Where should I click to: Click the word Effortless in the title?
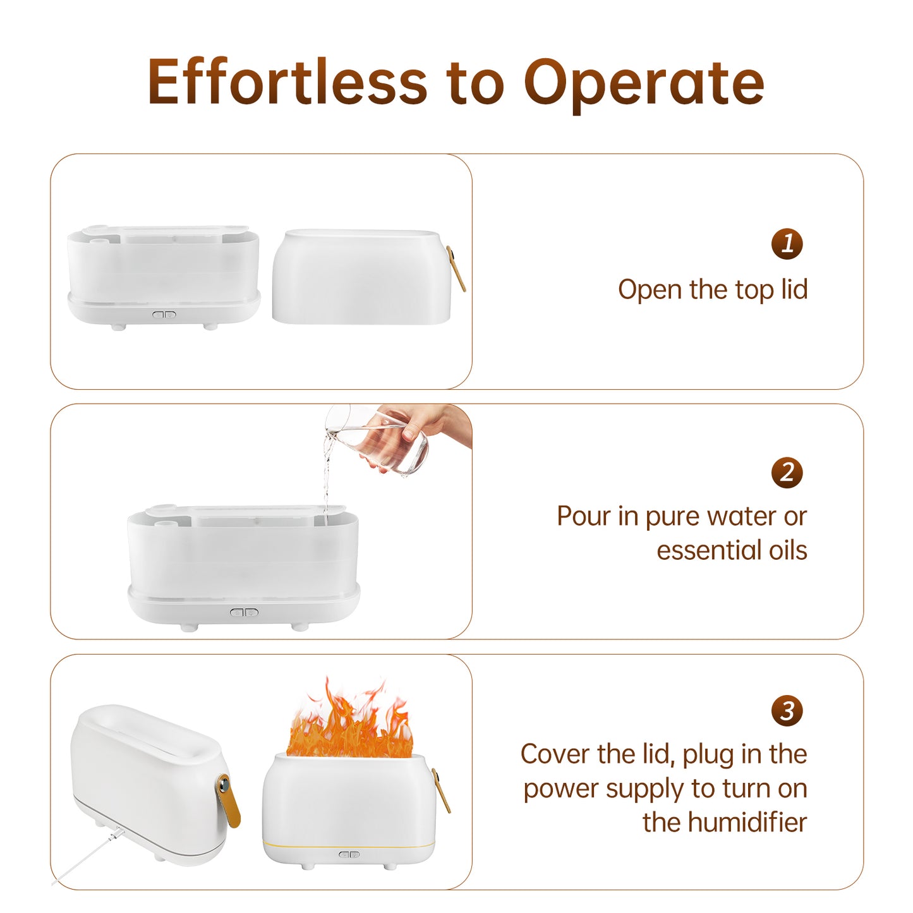pyautogui.click(x=287, y=81)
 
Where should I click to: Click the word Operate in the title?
pyautogui.click(x=644, y=85)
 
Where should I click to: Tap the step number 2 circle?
pyautogui.click(x=787, y=473)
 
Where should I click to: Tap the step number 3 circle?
pyautogui.click(x=787, y=711)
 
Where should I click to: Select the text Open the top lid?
pyautogui.click(x=713, y=289)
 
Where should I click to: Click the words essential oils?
pyautogui.click(x=732, y=550)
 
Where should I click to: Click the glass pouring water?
pyautogui.click(x=379, y=440)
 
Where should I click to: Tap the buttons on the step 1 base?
pyautogui.click(x=164, y=314)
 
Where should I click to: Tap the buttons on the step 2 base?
pyautogui.click(x=244, y=612)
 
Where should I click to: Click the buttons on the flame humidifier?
pyautogui.click(x=349, y=854)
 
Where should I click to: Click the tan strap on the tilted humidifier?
pyautogui.click(x=228, y=801)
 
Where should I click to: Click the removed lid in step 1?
pyautogui.click(x=361, y=277)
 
